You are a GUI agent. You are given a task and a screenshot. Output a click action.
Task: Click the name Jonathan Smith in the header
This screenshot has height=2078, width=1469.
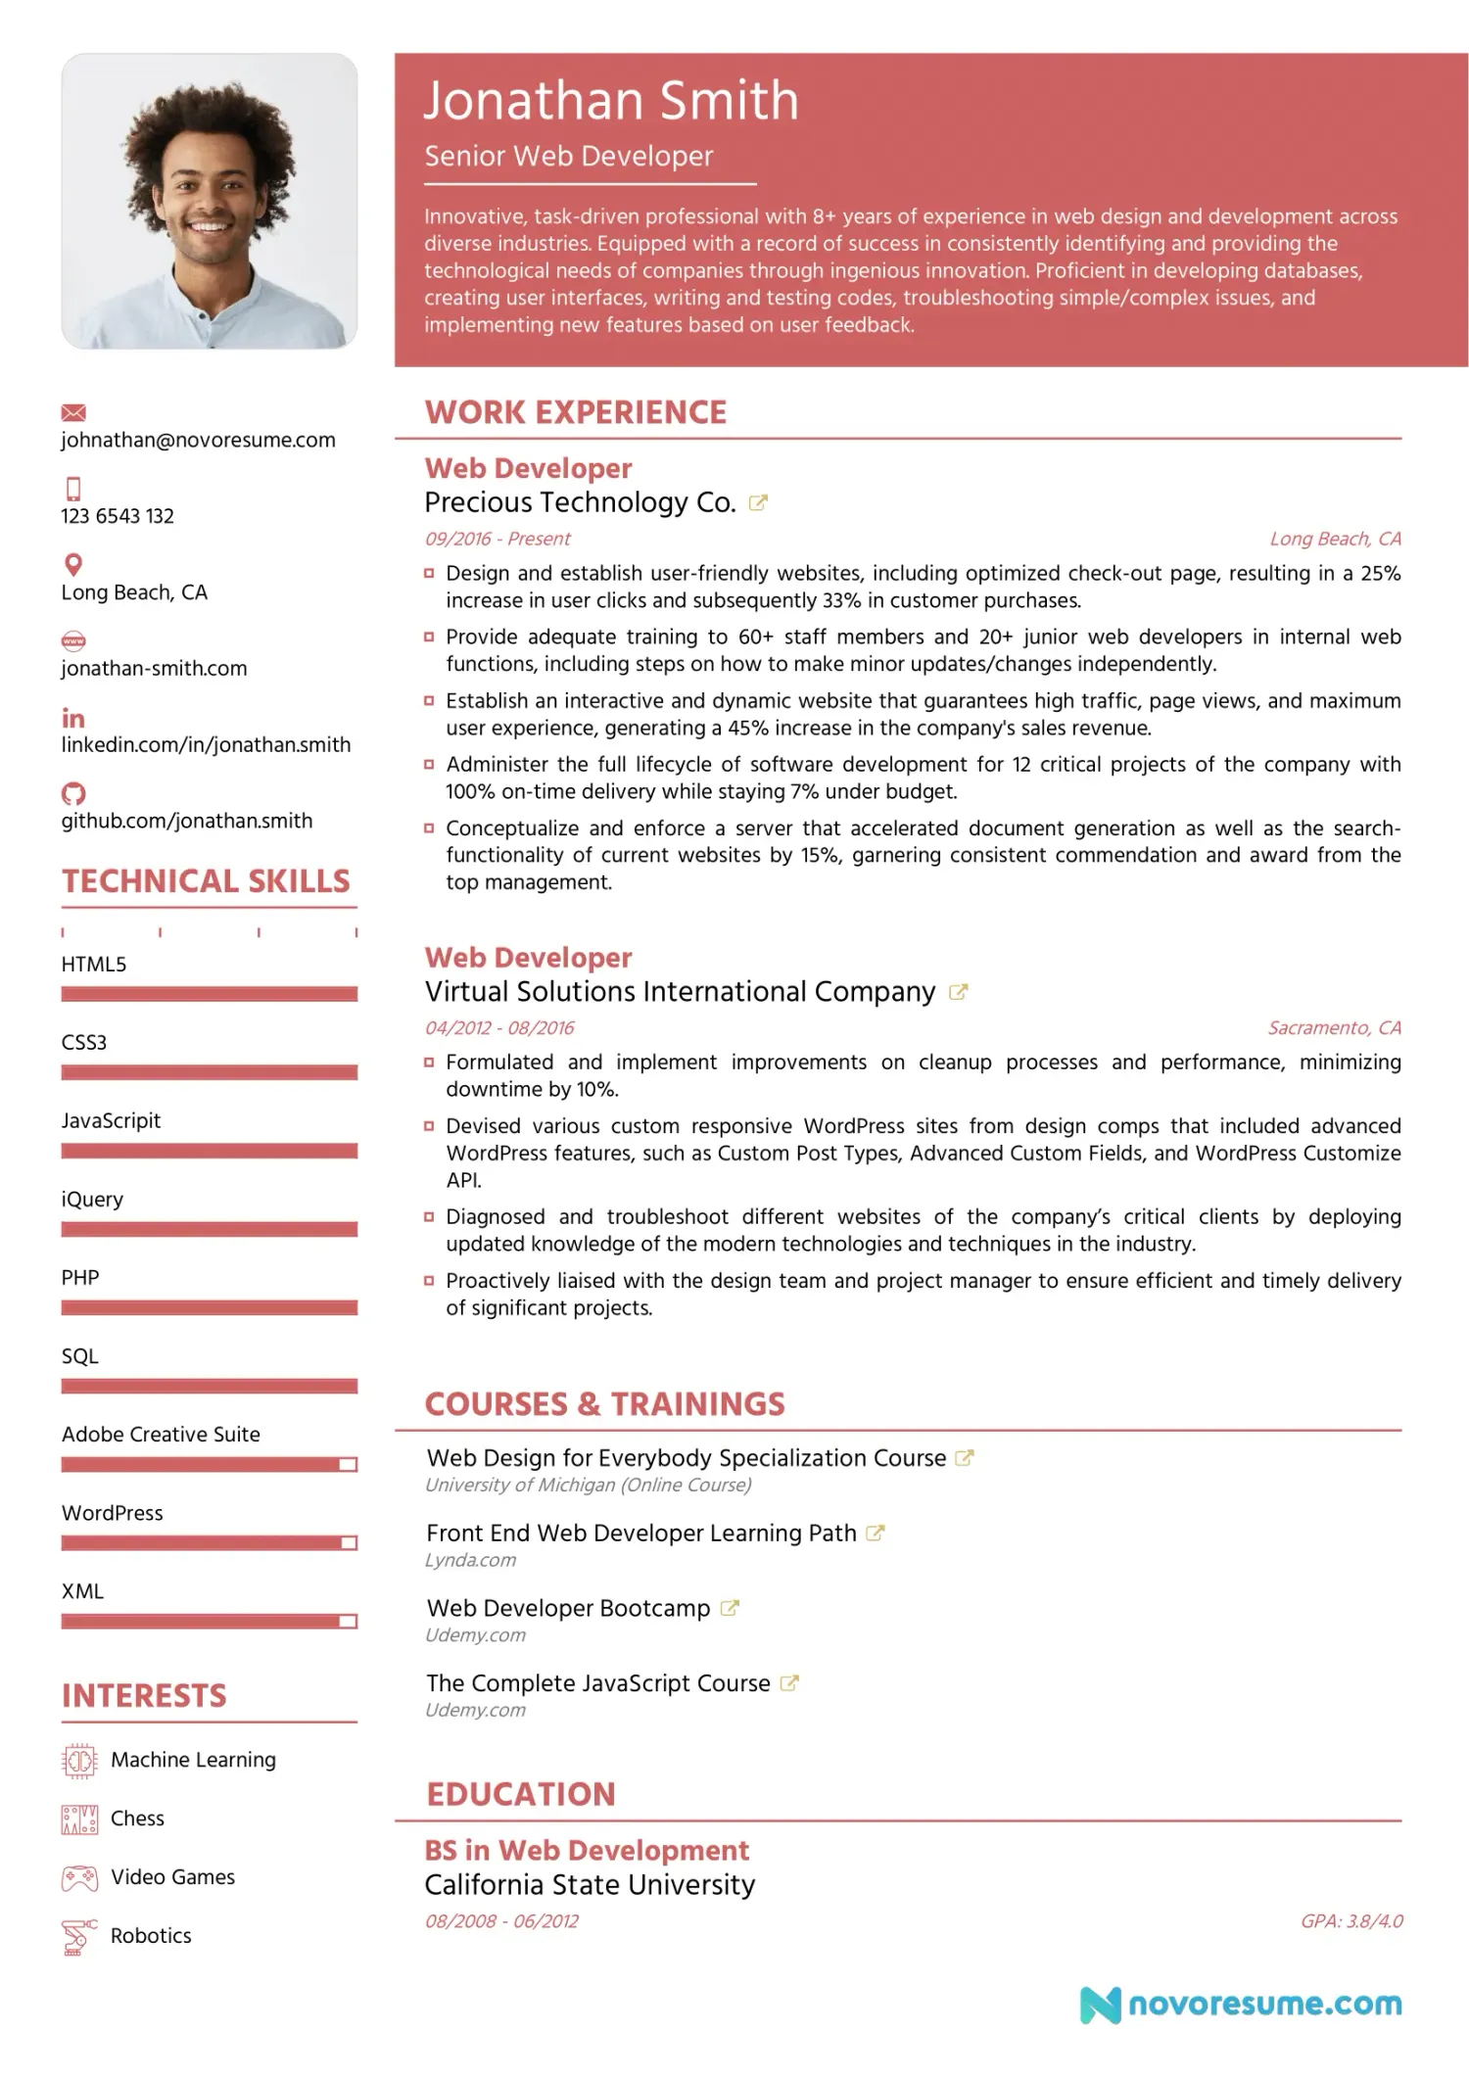tap(611, 101)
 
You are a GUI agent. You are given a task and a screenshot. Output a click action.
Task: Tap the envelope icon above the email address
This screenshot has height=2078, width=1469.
tap(73, 412)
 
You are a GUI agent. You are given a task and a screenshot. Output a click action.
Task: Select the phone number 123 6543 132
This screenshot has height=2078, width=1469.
tap(118, 516)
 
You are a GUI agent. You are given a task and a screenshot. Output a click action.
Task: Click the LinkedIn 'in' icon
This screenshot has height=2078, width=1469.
tap(73, 718)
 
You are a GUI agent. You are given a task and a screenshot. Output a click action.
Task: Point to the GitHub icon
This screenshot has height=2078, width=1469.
tap(73, 793)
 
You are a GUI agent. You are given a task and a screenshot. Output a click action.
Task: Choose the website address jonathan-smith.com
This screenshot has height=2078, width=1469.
tap(154, 669)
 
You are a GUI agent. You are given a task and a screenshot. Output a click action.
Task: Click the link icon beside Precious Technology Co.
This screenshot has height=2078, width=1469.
tap(758, 503)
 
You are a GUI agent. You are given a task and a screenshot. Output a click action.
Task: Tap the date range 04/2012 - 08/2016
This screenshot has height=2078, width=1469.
tap(499, 1028)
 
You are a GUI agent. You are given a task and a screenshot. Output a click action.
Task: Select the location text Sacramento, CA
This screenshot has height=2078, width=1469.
tap(1334, 1028)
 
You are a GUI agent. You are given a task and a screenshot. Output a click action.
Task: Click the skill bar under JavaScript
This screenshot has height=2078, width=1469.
tap(209, 1151)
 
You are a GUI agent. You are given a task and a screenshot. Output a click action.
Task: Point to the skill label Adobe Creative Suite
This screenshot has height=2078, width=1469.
tap(161, 1435)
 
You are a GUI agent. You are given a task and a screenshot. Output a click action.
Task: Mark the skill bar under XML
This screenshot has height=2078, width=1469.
tap(209, 1622)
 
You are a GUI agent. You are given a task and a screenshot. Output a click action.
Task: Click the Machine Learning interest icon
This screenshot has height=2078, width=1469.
tap(79, 1761)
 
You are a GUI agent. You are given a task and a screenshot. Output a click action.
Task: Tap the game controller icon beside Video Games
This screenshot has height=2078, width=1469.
tap(79, 1878)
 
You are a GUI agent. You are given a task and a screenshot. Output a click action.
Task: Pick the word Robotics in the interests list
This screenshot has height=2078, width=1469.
tap(151, 1936)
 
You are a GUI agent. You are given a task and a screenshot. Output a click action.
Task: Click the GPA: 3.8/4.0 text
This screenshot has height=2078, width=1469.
tap(1351, 1921)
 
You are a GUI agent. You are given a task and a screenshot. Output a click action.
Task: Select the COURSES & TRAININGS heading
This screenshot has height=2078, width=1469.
tap(604, 1404)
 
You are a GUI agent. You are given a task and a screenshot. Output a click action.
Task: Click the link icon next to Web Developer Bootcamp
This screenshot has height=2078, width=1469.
tap(730, 1608)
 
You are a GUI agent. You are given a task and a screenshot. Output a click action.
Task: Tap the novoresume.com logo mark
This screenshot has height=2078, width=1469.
tap(1100, 2005)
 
